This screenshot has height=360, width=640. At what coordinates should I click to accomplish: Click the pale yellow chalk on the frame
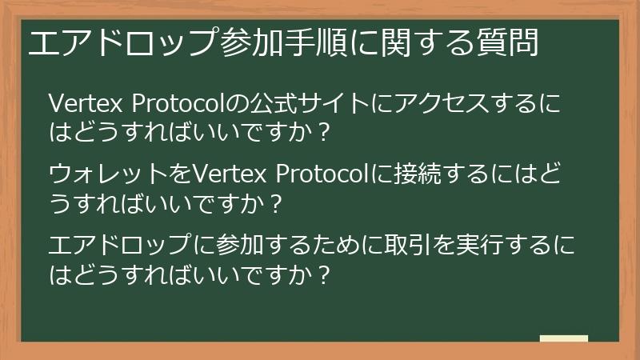pos(563,338)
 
